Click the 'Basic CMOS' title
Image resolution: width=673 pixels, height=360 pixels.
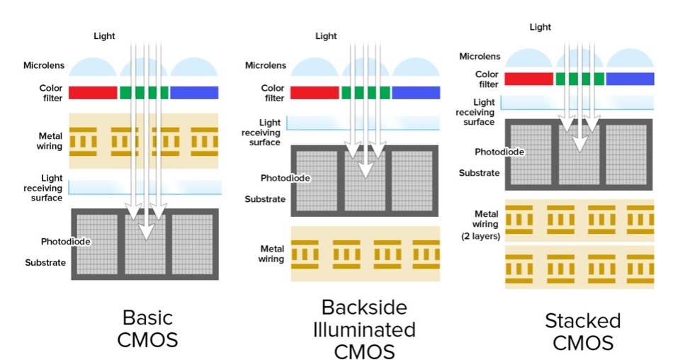click(147, 327)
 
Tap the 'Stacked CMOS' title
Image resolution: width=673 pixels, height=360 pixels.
click(582, 331)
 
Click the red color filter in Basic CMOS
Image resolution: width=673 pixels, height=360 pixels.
click(94, 93)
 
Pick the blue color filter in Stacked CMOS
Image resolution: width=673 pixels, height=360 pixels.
click(630, 79)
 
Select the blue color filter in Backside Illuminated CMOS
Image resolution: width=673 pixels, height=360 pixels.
click(415, 93)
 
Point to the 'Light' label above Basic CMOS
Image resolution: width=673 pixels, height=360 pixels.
click(104, 35)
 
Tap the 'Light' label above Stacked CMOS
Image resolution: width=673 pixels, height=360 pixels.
click(540, 27)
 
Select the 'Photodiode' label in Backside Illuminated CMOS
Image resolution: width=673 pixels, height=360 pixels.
click(285, 178)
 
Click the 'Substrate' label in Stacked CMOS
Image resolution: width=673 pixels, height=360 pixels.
click(480, 173)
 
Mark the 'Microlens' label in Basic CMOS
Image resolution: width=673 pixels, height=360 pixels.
click(46, 66)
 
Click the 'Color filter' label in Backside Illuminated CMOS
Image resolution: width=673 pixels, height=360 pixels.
click(273, 93)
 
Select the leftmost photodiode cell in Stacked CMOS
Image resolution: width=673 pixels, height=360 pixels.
click(531, 154)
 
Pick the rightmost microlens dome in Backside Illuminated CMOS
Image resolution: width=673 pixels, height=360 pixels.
click(415, 69)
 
